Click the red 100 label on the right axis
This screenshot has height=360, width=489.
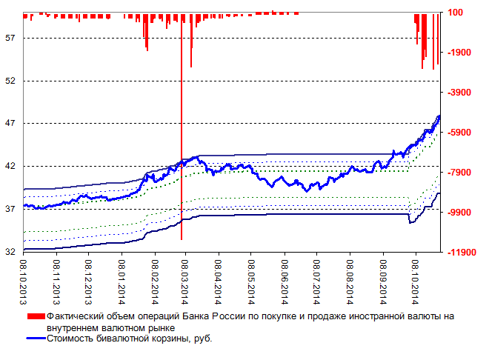[x=456, y=13]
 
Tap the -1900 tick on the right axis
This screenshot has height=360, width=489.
[x=460, y=53]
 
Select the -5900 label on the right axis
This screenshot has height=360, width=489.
[x=460, y=133]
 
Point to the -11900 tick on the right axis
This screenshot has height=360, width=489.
[x=462, y=253]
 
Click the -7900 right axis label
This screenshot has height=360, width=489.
[x=460, y=173]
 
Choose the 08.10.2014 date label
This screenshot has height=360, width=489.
[x=415, y=279]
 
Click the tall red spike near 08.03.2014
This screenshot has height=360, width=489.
[x=181, y=148]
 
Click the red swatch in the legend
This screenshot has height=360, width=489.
[x=36, y=316]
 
